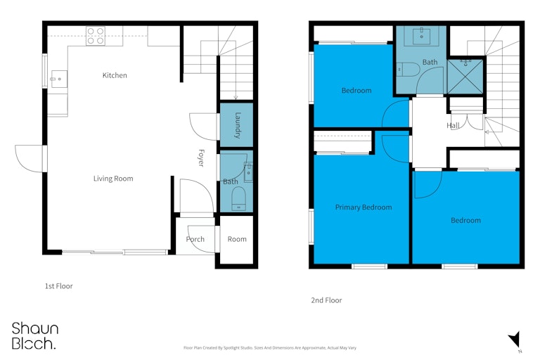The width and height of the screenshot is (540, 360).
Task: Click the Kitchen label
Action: click(115, 75)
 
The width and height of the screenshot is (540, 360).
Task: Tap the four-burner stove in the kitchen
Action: click(96, 36)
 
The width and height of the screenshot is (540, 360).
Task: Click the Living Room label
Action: click(113, 179)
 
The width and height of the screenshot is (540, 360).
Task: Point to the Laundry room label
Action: click(237, 125)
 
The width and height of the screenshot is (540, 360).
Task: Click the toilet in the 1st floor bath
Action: click(238, 199)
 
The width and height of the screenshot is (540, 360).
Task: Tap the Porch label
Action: click(195, 239)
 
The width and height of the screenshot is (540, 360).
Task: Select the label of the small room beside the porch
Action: click(237, 239)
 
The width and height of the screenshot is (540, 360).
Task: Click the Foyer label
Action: click(202, 157)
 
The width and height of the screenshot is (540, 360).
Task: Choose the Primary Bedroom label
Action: click(364, 207)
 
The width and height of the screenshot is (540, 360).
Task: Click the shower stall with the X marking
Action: click(465, 77)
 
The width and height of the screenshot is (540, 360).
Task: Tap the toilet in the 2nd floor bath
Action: click(408, 69)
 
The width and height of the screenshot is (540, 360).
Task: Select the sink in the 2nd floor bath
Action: click(421, 36)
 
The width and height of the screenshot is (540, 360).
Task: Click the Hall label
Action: click(453, 125)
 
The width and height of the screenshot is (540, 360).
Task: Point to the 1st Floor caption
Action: click(59, 286)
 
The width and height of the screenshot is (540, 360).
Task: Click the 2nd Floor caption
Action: click(326, 300)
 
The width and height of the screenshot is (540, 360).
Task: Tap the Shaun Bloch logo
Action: click(34, 336)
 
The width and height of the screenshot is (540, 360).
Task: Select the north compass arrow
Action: click(515, 340)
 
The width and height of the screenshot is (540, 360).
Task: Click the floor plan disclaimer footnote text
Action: click(270, 348)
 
